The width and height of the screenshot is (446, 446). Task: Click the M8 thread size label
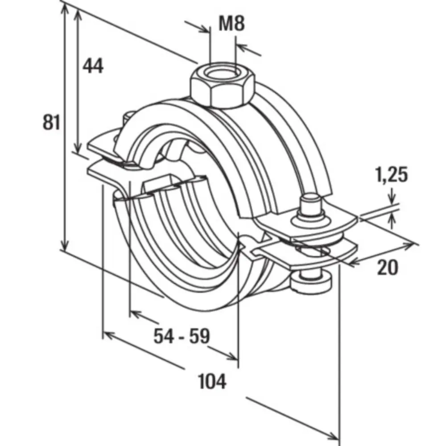click(x=231, y=23)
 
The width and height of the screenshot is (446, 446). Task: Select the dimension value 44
click(x=93, y=66)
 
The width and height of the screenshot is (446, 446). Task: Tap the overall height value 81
click(x=51, y=122)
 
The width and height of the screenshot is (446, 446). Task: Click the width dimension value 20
click(x=388, y=267)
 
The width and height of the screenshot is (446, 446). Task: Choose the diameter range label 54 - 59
click(x=182, y=336)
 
